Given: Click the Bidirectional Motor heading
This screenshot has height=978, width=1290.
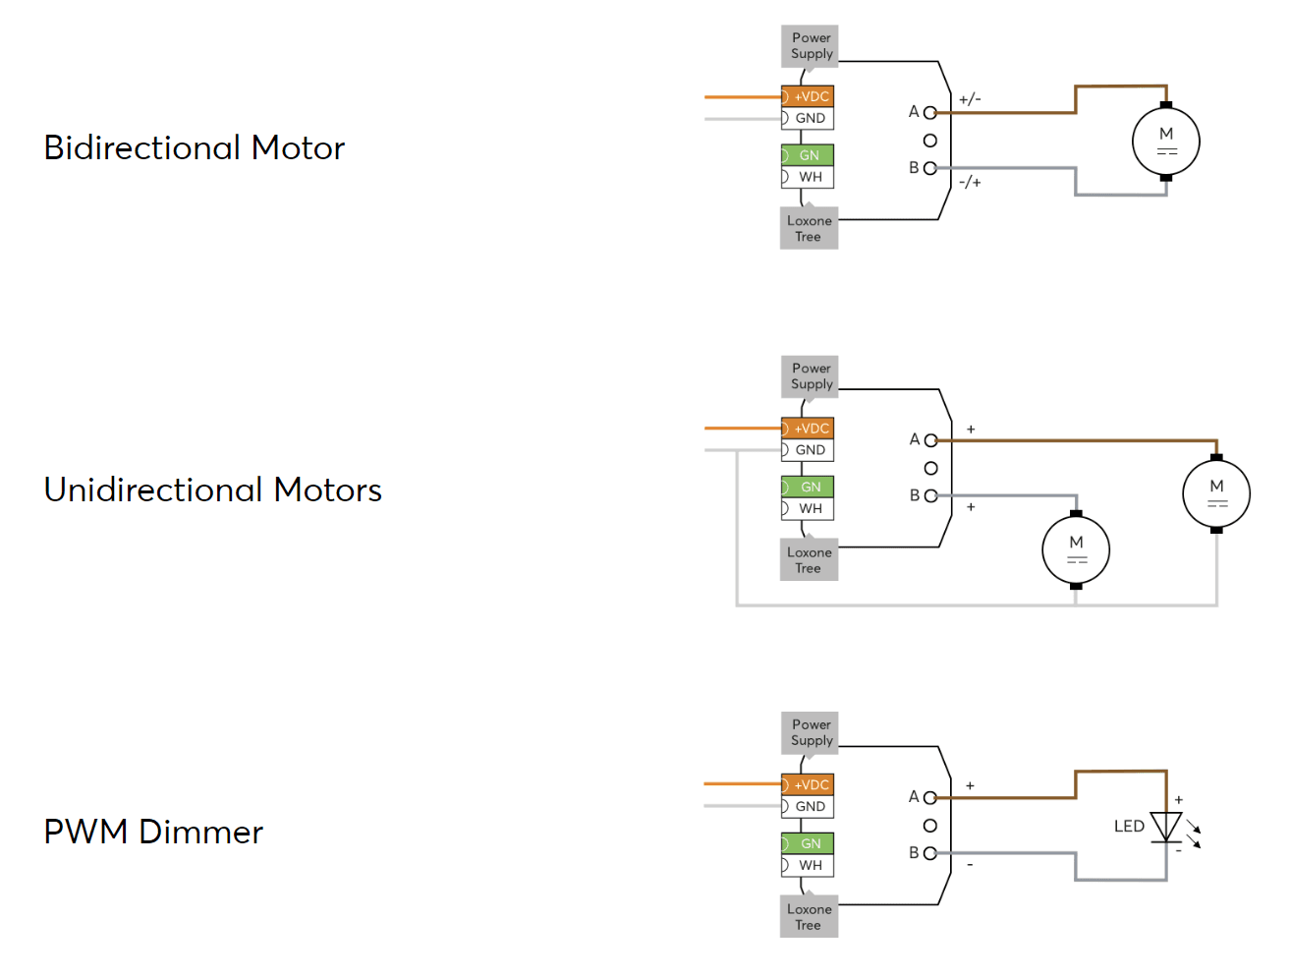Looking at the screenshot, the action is click(x=194, y=146).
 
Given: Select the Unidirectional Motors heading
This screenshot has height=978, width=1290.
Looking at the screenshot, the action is click(x=212, y=489).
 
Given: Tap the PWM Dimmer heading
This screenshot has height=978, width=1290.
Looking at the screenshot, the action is click(x=153, y=832).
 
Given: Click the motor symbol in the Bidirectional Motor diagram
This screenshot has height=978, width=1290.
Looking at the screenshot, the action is click(x=1165, y=142).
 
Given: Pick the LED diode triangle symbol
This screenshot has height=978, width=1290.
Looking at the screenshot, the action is click(x=1165, y=826).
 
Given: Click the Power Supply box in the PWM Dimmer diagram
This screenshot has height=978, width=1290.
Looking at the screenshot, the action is click(x=810, y=732).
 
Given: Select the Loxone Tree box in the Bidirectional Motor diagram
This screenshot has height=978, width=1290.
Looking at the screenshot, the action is click(x=809, y=228).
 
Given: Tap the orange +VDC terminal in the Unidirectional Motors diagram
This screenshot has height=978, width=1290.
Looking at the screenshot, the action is click(x=807, y=428).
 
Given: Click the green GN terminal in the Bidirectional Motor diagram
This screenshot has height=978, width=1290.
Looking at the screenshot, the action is click(x=807, y=155).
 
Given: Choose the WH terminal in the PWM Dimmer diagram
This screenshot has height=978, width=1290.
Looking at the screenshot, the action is click(x=807, y=865).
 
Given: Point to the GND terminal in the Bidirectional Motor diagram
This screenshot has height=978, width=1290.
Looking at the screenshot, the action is click(x=807, y=118).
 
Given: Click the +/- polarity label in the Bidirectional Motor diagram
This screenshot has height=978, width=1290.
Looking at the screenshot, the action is click(x=969, y=98).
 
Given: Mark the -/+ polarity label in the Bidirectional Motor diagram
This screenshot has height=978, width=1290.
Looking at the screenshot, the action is click(x=969, y=182).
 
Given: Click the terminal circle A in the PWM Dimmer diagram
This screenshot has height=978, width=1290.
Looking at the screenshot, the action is click(x=929, y=797).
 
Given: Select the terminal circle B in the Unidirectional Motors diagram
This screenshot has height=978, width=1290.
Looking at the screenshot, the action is click(x=929, y=496).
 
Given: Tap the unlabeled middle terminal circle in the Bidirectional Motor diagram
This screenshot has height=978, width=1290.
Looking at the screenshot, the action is click(x=929, y=141).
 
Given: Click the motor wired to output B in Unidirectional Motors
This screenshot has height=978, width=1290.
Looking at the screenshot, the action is click(x=1075, y=549).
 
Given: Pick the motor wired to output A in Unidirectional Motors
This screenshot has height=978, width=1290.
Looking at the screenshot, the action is click(x=1215, y=493).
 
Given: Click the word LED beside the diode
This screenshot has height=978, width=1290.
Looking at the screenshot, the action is click(x=1129, y=826).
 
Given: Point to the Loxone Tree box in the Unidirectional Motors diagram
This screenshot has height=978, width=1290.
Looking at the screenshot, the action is click(x=809, y=559).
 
